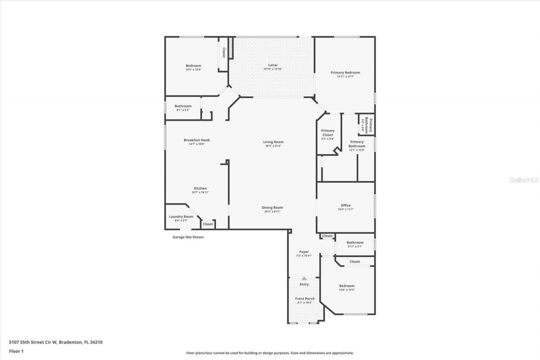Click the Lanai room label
[273, 65]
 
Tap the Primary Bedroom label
[345, 73]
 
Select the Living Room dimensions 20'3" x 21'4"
[273, 146]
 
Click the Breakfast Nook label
[197, 140]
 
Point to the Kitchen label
[200, 188]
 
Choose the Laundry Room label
[181, 217]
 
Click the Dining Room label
[272, 207]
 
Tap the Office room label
[346, 206]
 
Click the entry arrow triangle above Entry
[304, 279]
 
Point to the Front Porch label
[304, 299]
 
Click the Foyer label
[304, 252]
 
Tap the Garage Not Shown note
[188, 237]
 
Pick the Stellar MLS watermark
[524, 180]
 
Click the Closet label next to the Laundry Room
[208, 224]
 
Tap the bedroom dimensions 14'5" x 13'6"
[193, 70]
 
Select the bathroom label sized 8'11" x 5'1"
[355, 243]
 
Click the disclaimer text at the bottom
[270, 353]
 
